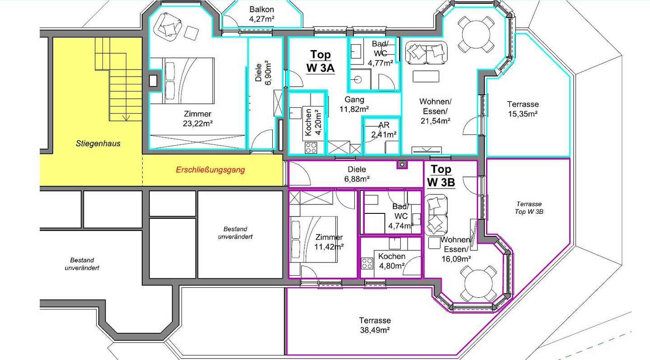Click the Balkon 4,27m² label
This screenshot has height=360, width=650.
(261, 14)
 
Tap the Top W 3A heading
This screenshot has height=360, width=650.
(320, 61)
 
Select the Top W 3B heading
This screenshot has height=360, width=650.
(441, 175)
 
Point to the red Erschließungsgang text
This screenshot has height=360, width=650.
(210, 170)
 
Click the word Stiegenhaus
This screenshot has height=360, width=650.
(98, 143)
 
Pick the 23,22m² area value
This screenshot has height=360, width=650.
(198, 124)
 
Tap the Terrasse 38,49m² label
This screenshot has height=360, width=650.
(375, 325)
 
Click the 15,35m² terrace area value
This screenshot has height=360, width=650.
(523, 114)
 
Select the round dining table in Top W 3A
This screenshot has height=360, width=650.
(476, 34)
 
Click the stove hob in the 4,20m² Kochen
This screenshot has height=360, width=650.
(311, 148)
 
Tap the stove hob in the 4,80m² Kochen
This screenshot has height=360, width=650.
(367, 264)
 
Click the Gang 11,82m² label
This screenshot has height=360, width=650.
(354, 104)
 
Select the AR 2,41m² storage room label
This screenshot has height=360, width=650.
(384, 129)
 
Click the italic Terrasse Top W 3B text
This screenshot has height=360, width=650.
(529, 208)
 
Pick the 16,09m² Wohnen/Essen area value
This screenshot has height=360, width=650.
(456, 259)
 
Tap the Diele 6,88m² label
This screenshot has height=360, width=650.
(357, 174)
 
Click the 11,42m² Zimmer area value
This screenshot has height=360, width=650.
(329, 247)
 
